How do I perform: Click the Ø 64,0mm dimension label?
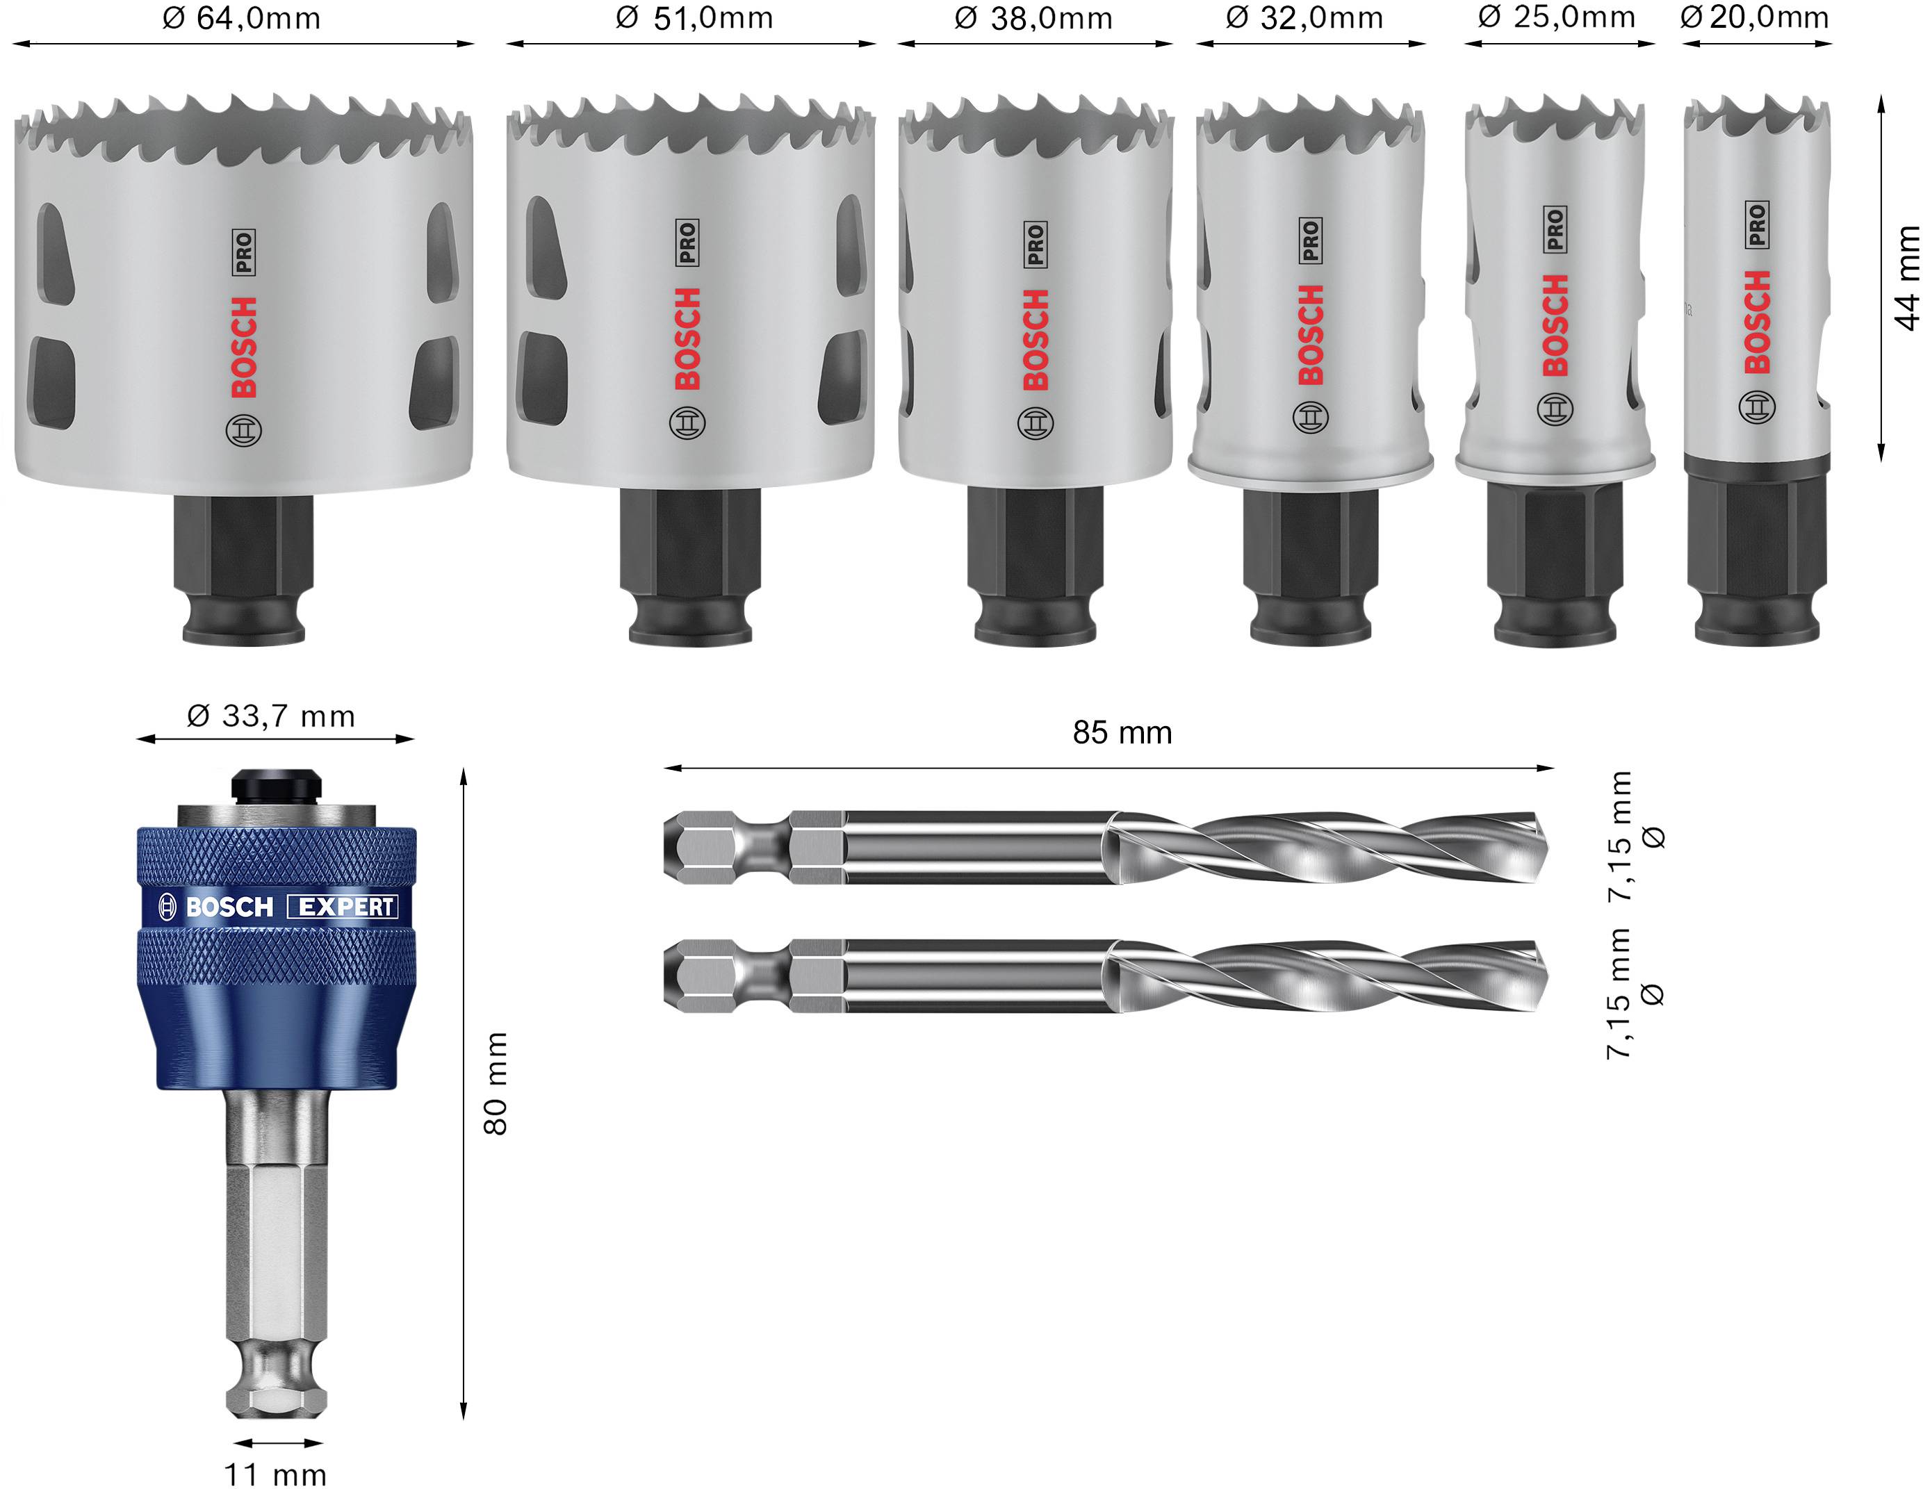pos(241,19)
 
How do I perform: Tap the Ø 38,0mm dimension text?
pos(1033,19)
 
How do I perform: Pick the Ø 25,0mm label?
pos(1557,17)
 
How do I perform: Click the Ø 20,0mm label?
pos(1755,17)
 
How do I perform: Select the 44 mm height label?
pos(1906,278)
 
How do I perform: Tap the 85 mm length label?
pos(1122,732)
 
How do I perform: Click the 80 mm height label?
pos(496,1083)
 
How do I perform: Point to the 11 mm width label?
pos(275,1474)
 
